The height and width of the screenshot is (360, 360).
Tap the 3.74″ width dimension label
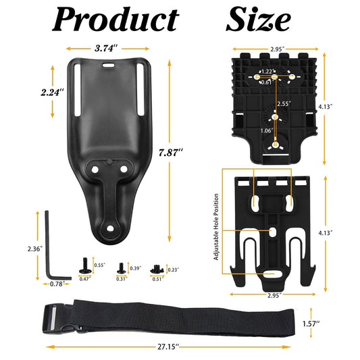[x=108, y=49]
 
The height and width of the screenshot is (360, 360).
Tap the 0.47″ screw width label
[x=85, y=278]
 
